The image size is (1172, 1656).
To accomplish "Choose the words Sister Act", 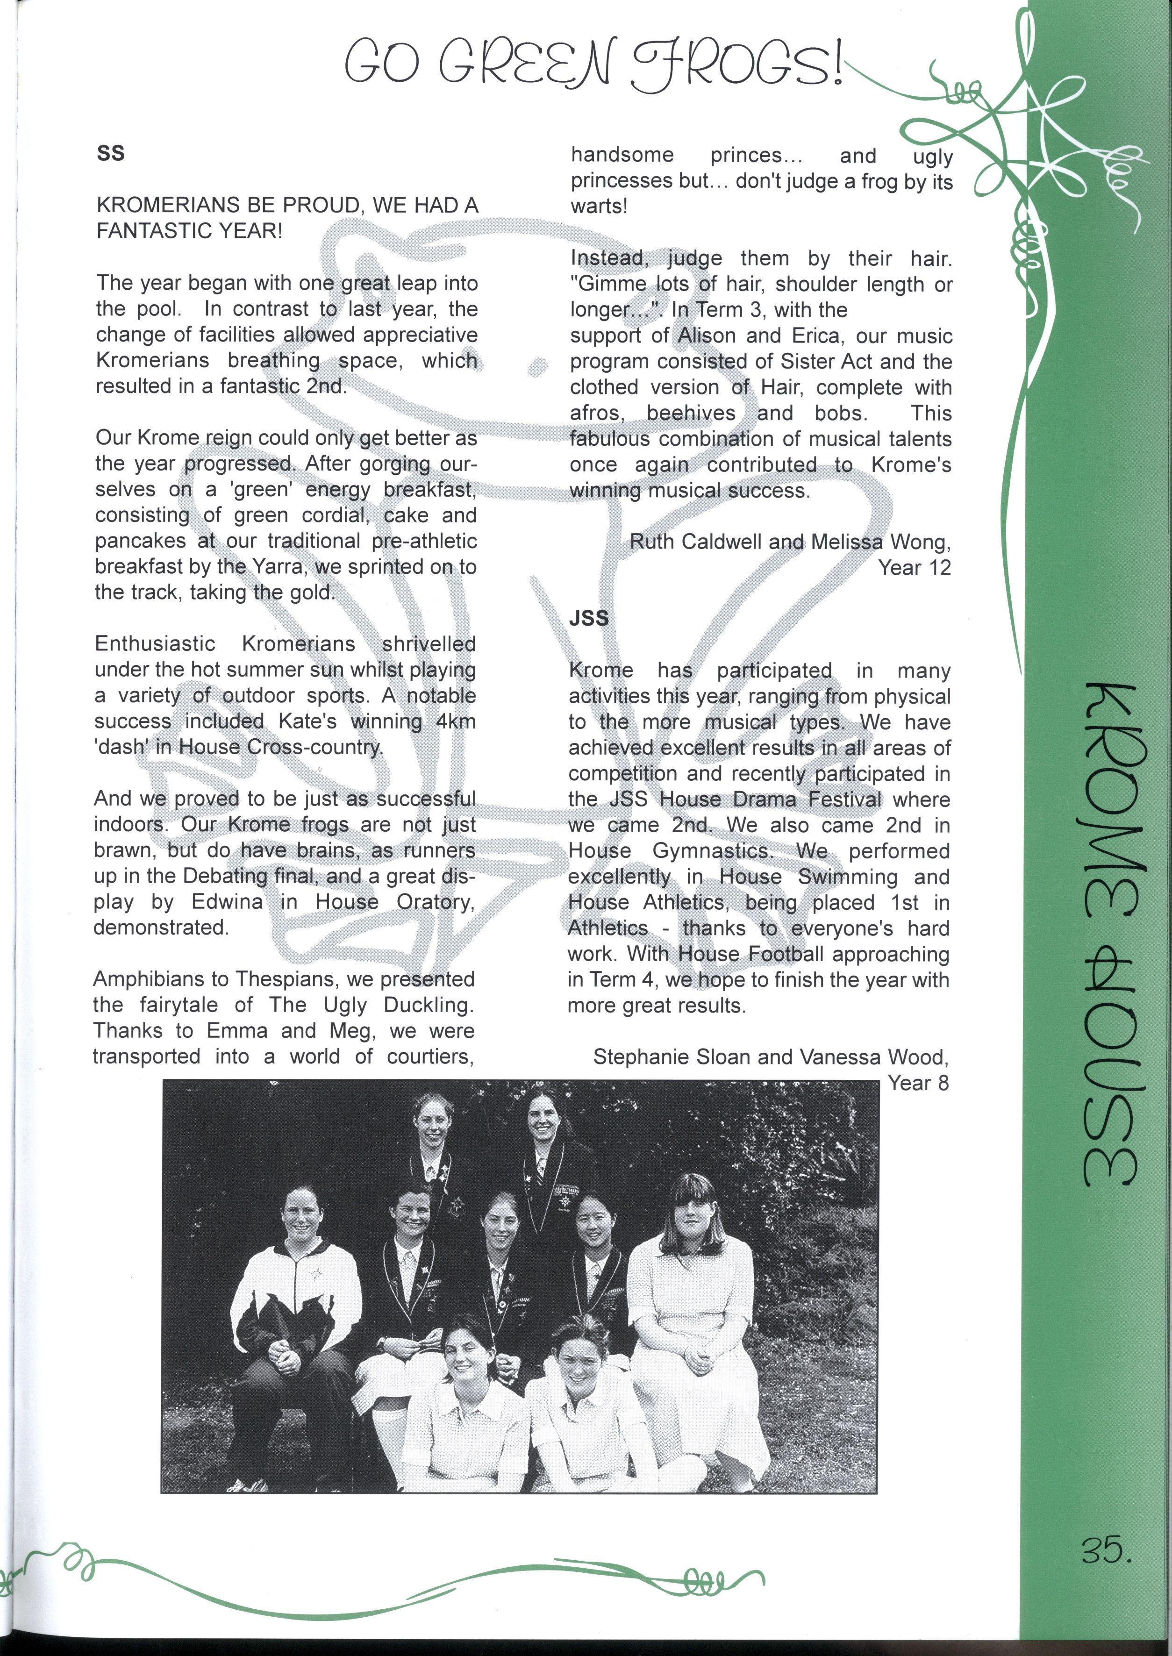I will pos(839,362).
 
